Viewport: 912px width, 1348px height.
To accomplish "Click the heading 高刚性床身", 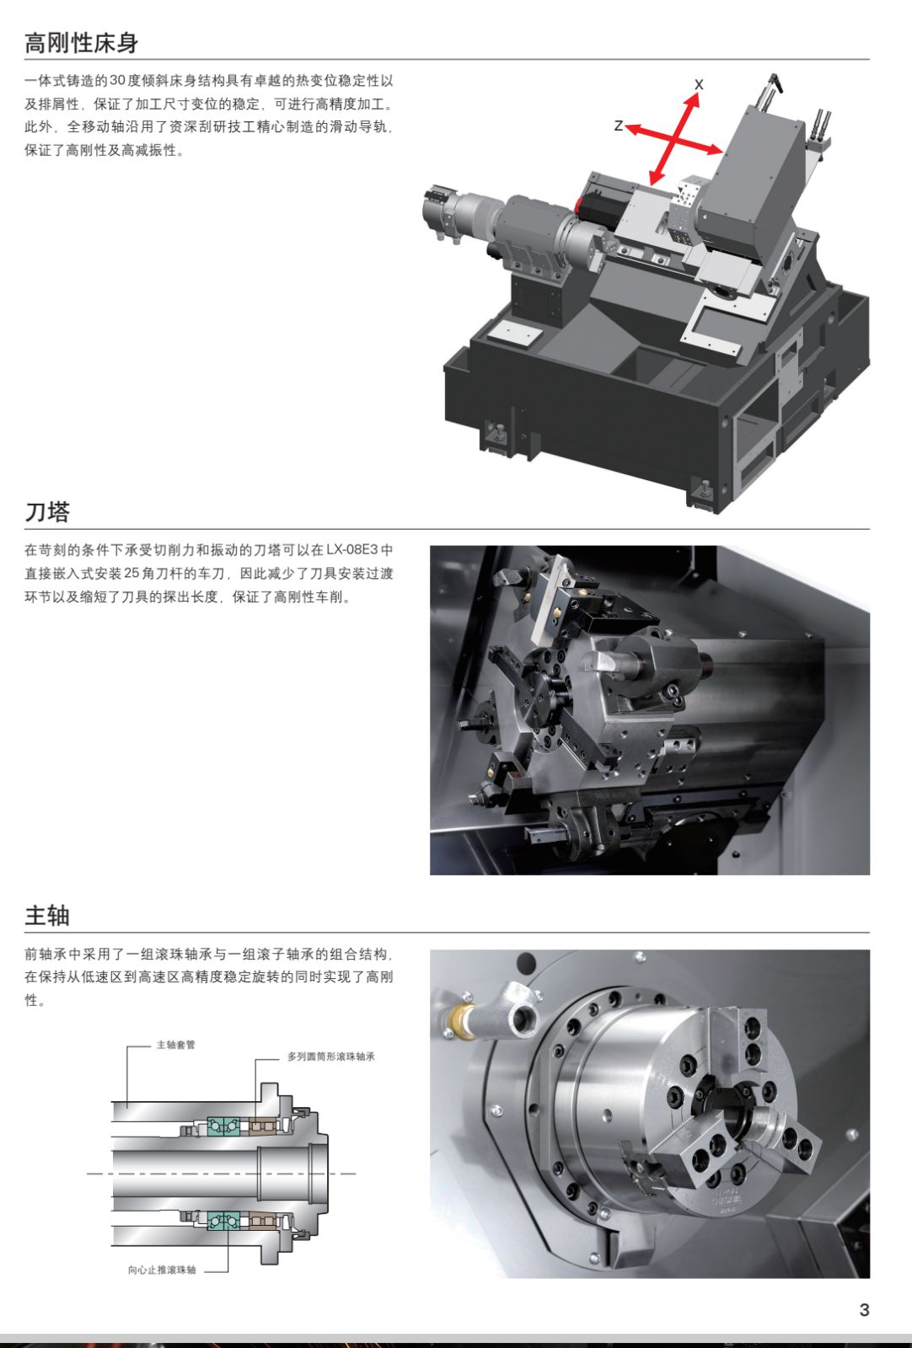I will pos(81,43).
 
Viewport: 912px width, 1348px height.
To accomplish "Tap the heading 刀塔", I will pos(47,511).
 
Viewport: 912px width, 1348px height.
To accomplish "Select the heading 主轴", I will pos(47,915).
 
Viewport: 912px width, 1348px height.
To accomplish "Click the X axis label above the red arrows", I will pos(699,84).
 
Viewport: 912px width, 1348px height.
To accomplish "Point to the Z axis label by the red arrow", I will pos(619,126).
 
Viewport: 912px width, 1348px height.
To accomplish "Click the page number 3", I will pos(864,1310).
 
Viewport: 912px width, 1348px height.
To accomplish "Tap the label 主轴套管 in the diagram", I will pos(175,1045).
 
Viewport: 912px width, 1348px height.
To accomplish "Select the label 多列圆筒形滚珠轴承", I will pos(330,1056).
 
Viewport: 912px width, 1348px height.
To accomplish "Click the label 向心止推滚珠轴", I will pos(162,1270).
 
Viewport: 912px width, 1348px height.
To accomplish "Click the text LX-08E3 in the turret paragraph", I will pos(351,550).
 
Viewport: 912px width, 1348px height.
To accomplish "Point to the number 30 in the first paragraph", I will pos(117,81).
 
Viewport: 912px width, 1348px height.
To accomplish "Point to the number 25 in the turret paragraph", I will pos(131,574).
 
